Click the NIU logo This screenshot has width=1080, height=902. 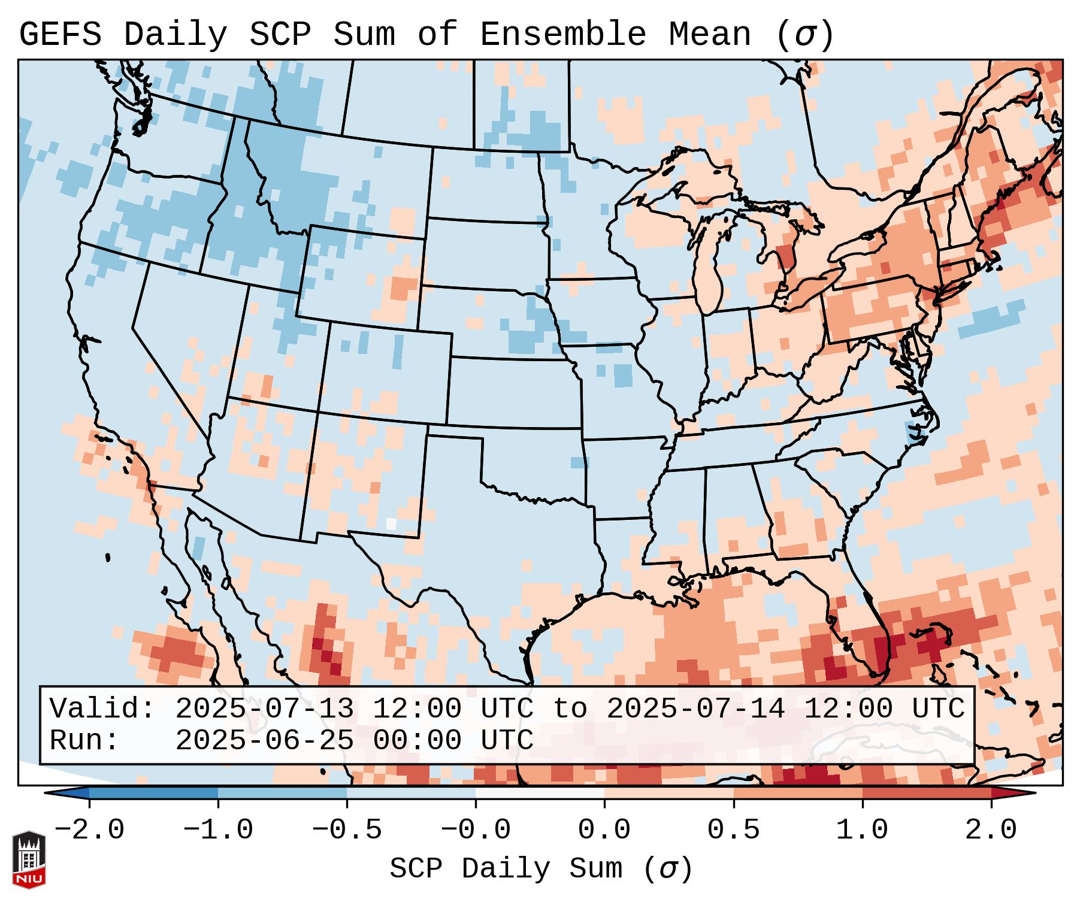pyautogui.click(x=29, y=859)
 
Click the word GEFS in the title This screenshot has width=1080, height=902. pyautogui.click(x=60, y=35)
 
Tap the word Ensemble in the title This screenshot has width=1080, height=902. pyautogui.click(x=562, y=35)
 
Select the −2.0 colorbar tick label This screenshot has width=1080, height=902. pyautogui.click(x=89, y=830)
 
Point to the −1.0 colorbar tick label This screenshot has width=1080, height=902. pyautogui.click(x=218, y=830)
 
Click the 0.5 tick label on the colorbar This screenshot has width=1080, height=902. pyautogui.click(x=733, y=830)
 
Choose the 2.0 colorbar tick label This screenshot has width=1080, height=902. pyautogui.click(x=991, y=830)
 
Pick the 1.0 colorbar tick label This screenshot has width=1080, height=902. pyautogui.click(x=862, y=830)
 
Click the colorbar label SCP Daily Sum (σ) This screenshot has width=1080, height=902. pyautogui.click(x=541, y=869)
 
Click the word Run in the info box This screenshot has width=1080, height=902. pyautogui.click(x=78, y=741)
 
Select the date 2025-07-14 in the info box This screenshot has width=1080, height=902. pyautogui.click(x=695, y=709)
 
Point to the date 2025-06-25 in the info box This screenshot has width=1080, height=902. pyautogui.click(x=264, y=741)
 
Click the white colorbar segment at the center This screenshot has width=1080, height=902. pyautogui.click(x=540, y=793)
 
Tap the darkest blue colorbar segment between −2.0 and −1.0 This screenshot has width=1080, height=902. pyautogui.click(x=153, y=793)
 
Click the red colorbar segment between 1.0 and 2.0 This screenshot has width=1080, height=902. pyautogui.click(x=927, y=793)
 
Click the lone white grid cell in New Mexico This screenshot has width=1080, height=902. pyautogui.click(x=391, y=523)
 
